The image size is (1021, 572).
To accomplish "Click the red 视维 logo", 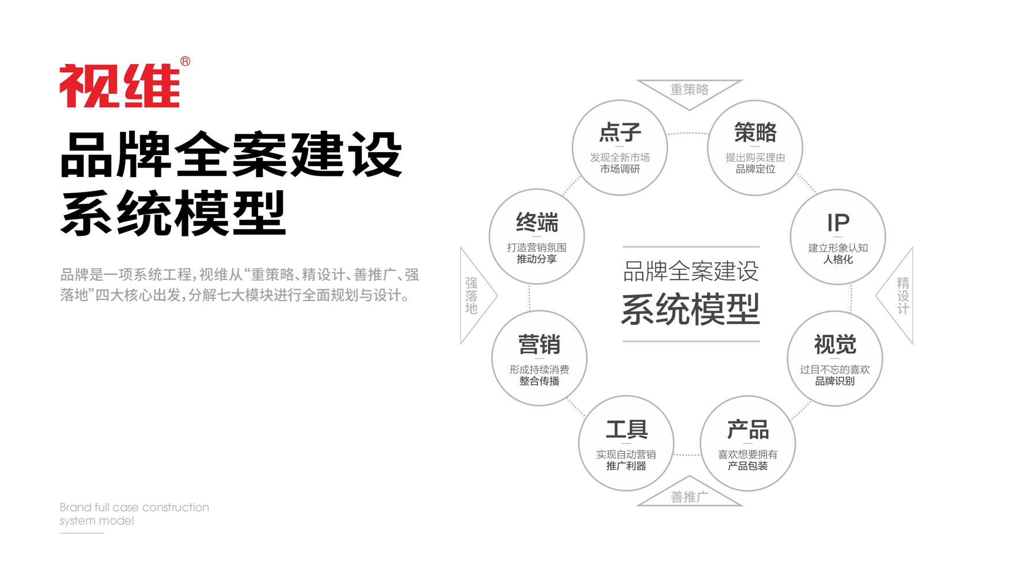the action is click(120, 85).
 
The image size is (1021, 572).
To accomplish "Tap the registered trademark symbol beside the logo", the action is click(185, 61).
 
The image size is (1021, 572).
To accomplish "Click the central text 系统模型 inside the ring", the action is click(690, 309).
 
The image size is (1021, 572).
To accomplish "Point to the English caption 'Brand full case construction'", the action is click(134, 507).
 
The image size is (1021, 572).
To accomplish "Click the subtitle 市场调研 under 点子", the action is click(620, 169).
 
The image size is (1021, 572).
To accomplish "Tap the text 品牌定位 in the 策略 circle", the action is click(755, 169).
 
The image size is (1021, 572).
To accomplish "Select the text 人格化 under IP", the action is click(838, 259).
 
